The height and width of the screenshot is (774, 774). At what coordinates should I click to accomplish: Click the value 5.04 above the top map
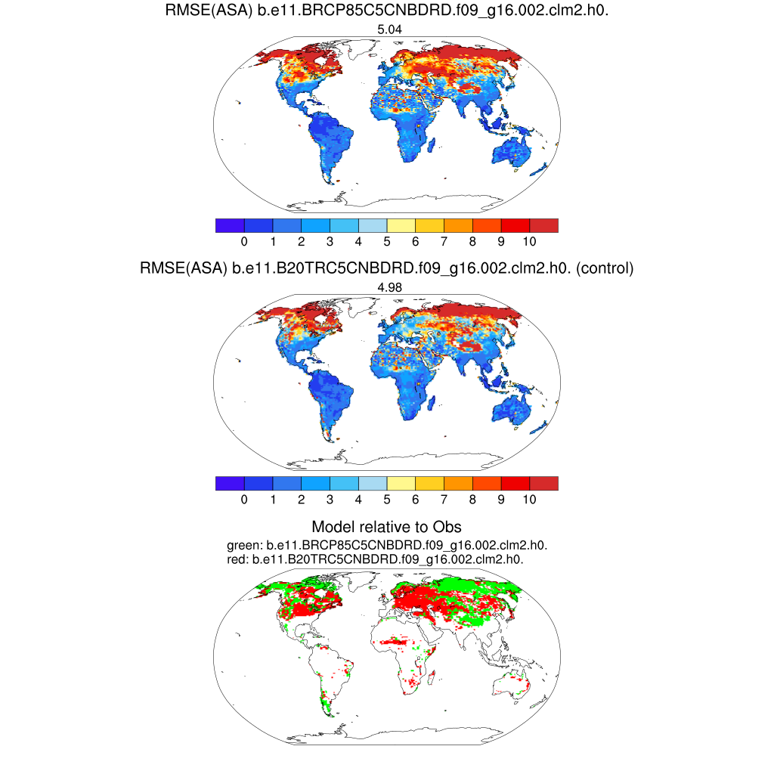387,30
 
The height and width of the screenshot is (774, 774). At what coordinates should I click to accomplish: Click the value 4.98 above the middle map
387,287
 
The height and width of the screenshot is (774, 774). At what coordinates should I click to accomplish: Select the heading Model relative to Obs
386,527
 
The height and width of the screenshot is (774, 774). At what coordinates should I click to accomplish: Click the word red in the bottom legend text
237,559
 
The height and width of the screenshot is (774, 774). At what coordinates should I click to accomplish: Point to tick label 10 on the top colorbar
529,241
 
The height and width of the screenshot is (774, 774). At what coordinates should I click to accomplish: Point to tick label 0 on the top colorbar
244,241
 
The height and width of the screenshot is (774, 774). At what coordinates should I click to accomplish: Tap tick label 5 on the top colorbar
387,241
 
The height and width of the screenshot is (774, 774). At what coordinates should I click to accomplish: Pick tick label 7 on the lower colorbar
444,500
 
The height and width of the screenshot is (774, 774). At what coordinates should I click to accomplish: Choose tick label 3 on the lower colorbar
330,500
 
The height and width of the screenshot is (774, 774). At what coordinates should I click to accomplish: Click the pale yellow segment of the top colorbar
401,225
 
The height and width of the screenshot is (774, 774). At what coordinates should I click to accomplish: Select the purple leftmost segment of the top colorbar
229,225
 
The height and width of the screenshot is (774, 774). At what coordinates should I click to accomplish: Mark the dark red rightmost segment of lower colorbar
543,484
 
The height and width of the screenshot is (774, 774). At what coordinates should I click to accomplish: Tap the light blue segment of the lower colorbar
372,484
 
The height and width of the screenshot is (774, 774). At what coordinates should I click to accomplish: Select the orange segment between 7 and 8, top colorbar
458,225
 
